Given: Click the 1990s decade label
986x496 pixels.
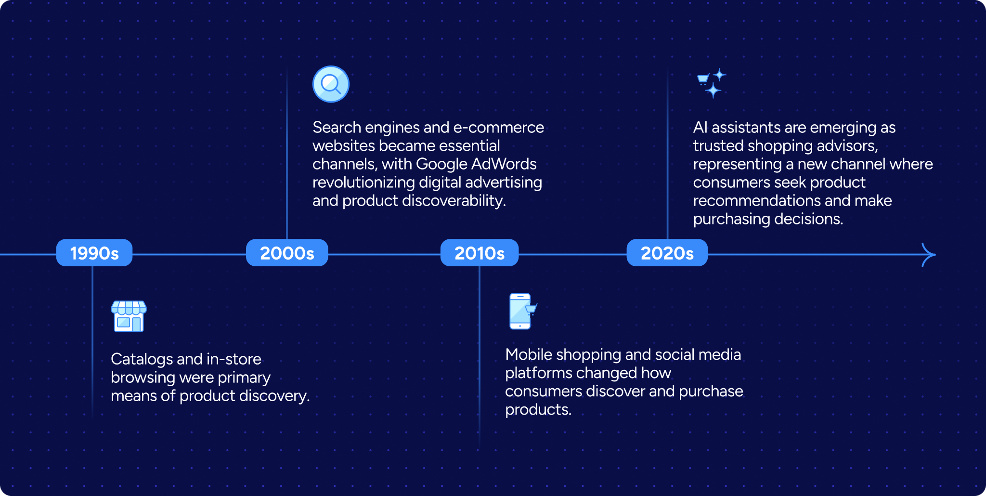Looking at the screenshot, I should (94, 253).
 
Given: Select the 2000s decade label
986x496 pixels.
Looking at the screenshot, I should (287, 253).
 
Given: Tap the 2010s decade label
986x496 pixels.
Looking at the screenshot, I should (480, 253).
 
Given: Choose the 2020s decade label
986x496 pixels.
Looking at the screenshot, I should (667, 253).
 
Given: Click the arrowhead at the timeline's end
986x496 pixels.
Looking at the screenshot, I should (929, 255).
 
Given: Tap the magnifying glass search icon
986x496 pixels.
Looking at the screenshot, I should (331, 84).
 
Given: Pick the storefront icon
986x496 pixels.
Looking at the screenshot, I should (129, 316).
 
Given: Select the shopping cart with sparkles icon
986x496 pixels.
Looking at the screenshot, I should (711, 83).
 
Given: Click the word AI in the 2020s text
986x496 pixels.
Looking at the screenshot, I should (700, 128).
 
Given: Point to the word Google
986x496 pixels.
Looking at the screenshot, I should (441, 164).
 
